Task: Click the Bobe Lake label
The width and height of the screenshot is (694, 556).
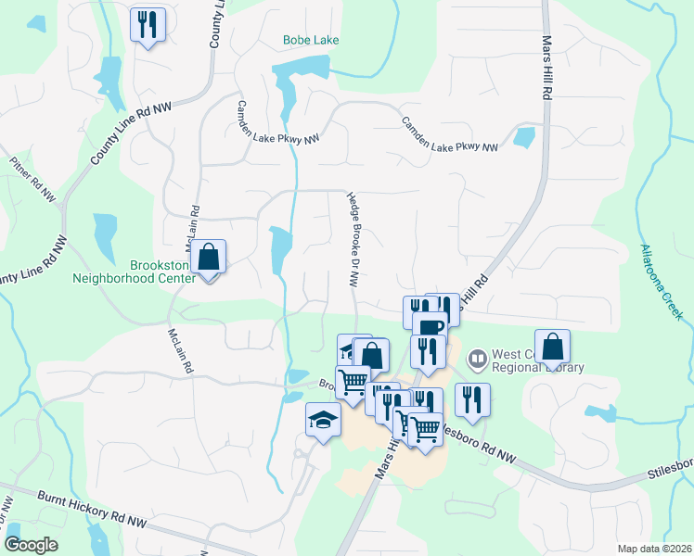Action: pyautogui.click(x=311, y=41)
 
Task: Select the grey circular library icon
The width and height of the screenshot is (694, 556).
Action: pyautogui.click(x=478, y=355)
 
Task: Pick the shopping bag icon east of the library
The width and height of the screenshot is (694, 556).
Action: pyautogui.click(x=552, y=347)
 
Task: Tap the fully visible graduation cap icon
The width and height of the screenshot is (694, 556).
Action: pyautogui.click(x=322, y=422)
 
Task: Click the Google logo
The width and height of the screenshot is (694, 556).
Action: pyautogui.click(x=31, y=545)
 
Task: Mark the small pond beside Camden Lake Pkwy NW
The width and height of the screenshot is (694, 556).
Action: pyautogui.click(x=524, y=137)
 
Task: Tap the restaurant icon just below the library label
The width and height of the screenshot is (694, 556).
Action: pyautogui.click(x=472, y=399)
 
